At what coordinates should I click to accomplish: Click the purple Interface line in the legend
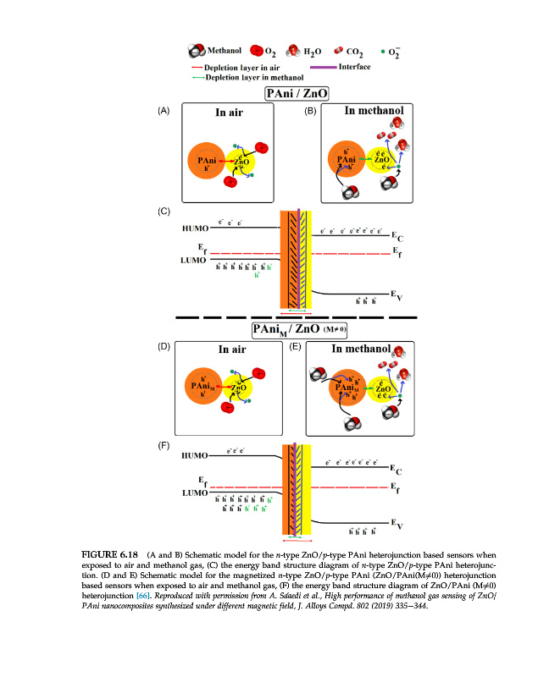pyautogui.click(x=319, y=66)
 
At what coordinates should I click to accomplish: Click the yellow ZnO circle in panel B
pyautogui.click(x=382, y=157)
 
